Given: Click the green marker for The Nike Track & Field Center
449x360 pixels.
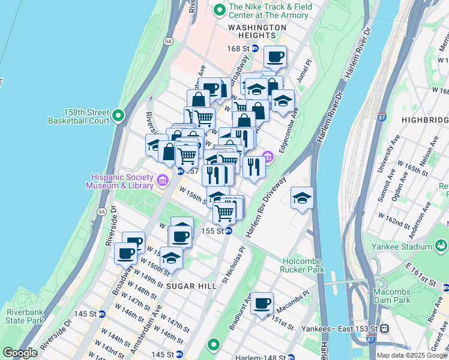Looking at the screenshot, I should tap(218, 10).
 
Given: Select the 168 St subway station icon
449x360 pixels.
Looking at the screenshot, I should tap(255, 48).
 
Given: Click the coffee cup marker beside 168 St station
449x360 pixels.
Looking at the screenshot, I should tap(275, 57).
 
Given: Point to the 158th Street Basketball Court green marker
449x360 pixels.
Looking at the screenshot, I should tap(118, 115).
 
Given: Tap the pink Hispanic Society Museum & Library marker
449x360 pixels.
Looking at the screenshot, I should tap(162, 180).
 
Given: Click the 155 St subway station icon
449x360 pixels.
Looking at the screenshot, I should tap(229, 231).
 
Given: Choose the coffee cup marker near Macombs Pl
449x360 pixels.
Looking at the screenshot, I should tap(262, 304).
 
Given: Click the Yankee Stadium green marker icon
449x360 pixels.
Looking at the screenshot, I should tap(442, 245).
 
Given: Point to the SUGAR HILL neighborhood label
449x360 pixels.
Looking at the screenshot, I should tap(192, 286).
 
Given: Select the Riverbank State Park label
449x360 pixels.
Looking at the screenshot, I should tap(25, 316).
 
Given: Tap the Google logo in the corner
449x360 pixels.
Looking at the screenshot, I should tap(20, 353).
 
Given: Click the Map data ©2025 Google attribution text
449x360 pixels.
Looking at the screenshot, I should tap(411, 355).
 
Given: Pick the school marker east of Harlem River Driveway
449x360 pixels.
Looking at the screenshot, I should tap(302, 197).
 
